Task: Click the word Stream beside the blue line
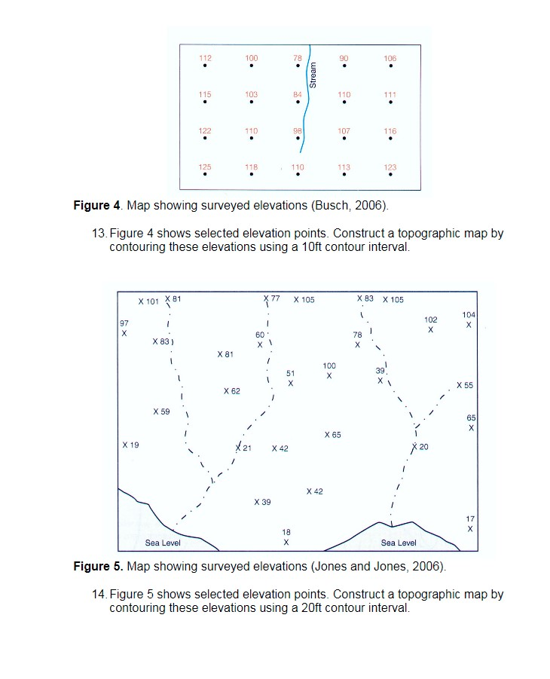[x=313, y=75]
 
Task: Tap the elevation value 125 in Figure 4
[x=205, y=167]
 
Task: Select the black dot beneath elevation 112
[x=205, y=67]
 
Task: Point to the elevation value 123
[x=390, y=167]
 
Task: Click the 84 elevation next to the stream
[x=298, y=94]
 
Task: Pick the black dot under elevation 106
[x=390, y=67]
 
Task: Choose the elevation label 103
[x=251, y=94]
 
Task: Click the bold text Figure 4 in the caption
[x=96, y=206]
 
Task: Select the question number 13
[x=98, y=234]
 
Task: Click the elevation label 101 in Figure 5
[x=152, y=301]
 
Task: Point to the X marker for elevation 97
[x=124, y=333]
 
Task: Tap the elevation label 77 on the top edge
[x=275, y=299]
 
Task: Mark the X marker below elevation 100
[x=329, y=375]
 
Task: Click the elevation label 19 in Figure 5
[x=134, y=445]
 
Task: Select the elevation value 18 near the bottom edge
[x=286, y=532]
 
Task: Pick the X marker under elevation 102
[x=430, y=330]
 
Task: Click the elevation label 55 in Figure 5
[x=469, y=385]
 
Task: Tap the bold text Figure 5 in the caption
[x=96, y=566]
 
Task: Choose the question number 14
[x=98, y=594]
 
